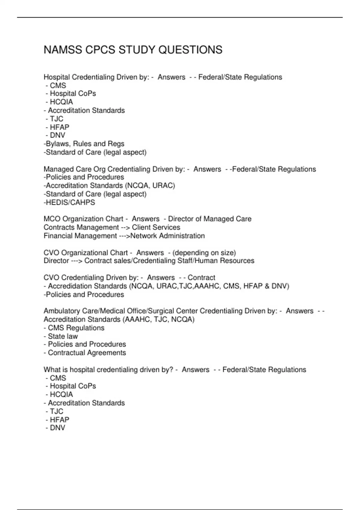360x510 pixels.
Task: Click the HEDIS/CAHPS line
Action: point(69,202)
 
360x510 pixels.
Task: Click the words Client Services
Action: point(156,227)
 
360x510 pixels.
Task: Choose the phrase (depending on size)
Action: point(204,253)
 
